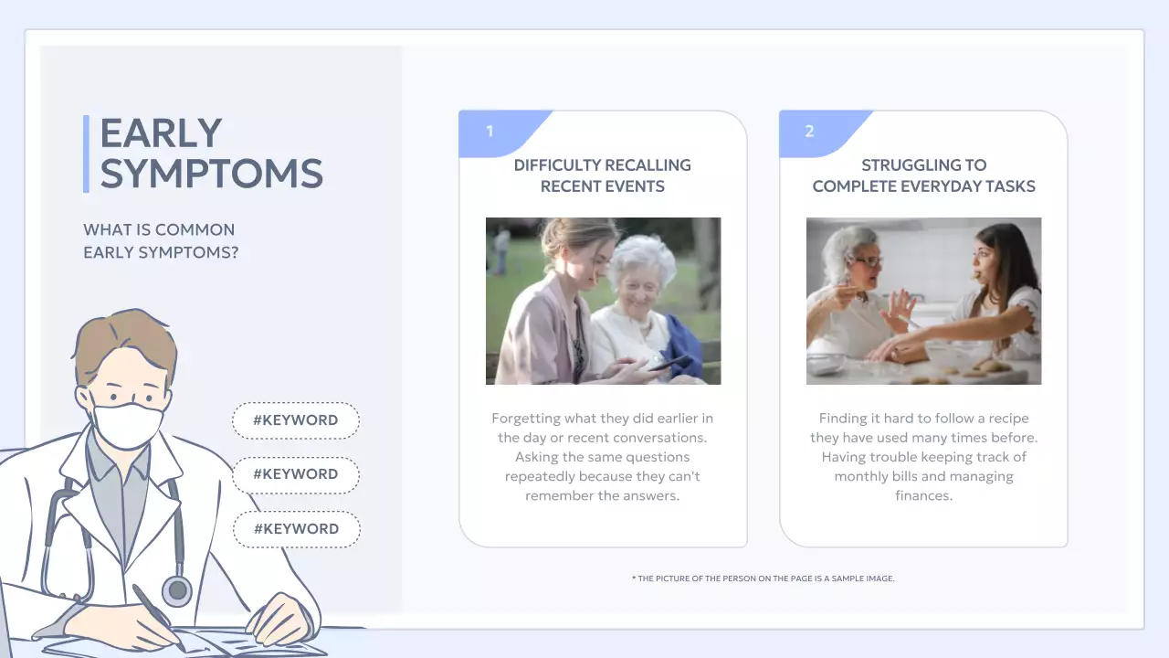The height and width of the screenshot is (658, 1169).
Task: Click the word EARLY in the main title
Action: tap(161, 133)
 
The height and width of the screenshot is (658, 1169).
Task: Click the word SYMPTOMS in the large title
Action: tap(211, 174)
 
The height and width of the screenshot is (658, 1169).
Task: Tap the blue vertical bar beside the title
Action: tap(86, 154)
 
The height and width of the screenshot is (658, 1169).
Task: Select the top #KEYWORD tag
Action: tap(295, 420)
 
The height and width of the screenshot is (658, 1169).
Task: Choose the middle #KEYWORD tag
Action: tap(295, 474)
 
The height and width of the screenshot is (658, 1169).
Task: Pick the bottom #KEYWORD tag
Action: tap(296, 529)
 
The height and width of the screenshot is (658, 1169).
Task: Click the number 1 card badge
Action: tap(490, 132)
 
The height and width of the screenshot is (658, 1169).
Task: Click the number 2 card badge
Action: tap(810, 132)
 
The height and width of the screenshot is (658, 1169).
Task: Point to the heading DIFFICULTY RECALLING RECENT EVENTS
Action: tap(602, 175)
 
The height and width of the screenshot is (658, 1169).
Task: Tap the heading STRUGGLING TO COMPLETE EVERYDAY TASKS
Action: tap(923, 175)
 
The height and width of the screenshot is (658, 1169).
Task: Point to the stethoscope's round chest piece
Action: tap(176, 590)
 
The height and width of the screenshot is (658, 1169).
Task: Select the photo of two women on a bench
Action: tap(603, 301)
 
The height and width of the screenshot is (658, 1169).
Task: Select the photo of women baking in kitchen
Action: tap(923, 301)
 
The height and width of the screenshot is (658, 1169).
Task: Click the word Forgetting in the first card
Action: tap(525, 419)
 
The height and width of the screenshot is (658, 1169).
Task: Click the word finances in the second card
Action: tap(923, 496)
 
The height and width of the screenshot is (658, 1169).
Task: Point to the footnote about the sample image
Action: tap(763, 578)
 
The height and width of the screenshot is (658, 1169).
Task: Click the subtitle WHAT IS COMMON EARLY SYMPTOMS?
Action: tap(160, 241)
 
